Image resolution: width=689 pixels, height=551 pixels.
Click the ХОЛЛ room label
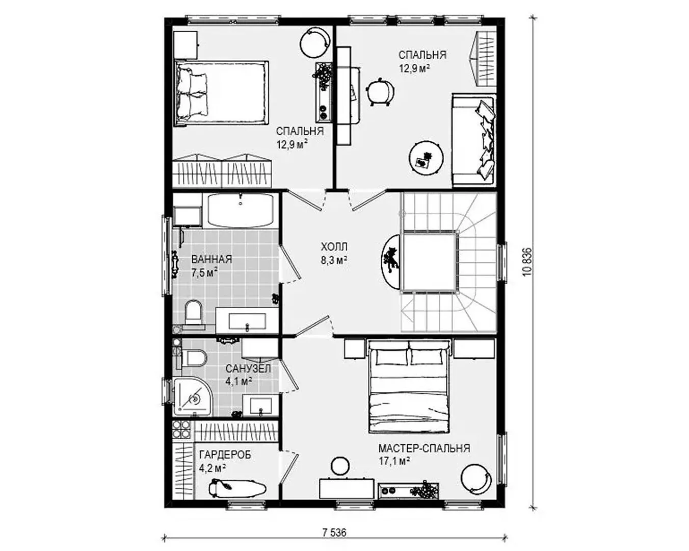click(334, 247)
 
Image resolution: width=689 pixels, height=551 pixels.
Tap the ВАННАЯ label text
click(211, 259)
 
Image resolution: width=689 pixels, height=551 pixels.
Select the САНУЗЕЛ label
click(248, 369)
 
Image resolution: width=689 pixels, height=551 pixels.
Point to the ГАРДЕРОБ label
click(225, 455)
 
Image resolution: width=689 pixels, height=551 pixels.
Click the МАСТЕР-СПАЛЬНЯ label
click(424, 448)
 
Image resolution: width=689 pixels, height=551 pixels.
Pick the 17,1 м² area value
click(394, 461)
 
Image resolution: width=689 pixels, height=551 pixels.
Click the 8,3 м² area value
click(334, 260)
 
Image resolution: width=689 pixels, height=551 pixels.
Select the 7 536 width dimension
click(334, 533)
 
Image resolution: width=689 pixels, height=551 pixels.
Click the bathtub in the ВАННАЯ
click(241, 211)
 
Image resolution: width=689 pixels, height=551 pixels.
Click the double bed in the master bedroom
click(409, 387)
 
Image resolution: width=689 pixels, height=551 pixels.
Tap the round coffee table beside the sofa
click(426, 158)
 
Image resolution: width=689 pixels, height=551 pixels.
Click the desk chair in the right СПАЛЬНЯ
click(380, 91)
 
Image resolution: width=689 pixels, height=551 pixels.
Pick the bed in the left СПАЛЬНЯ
click(221, 93)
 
